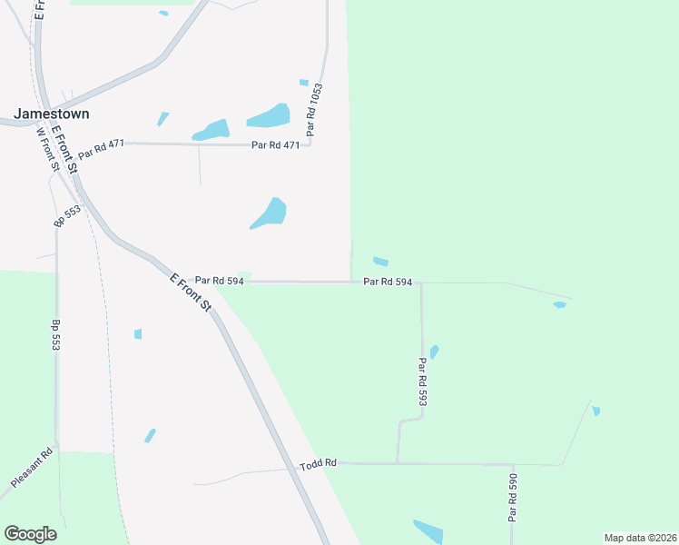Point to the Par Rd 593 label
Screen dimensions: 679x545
(x=422, y=382)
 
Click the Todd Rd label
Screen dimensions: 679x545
(x=318, y=463)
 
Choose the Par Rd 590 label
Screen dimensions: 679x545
(x=513, y=497)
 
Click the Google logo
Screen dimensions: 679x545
(x=30, y=534)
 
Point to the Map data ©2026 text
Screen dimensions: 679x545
(x=640, y=538)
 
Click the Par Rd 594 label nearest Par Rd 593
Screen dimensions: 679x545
(x=388, y=282)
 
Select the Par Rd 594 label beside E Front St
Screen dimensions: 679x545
(x=219, y=282)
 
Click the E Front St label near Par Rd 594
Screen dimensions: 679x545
(x=191, y=292)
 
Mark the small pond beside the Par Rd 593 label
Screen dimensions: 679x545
(x=435, y=352)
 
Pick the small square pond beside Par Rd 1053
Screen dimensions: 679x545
(x=304, y=83)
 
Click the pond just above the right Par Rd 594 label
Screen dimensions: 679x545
(x=380, y=262)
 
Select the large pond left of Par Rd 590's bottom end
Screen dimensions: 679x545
(x=428, y=530)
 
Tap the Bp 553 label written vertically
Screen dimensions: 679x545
(x=56, y=334)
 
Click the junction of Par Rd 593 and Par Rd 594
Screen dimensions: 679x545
(x=421, y=282)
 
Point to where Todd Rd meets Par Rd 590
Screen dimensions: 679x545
(x=513, y=464)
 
